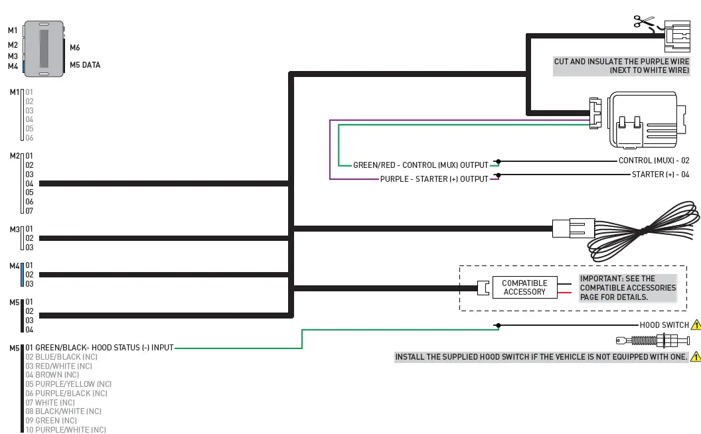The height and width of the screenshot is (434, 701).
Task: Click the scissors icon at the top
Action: [643, 22]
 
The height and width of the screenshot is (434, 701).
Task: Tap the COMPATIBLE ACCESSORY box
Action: [524, 287]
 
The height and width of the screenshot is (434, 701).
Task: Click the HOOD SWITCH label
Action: [664, 325]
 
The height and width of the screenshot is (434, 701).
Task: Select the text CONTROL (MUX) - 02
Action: [654, 161]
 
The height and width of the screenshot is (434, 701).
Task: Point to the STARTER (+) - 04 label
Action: [661, 175]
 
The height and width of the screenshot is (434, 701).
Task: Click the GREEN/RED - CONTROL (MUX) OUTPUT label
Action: [420, 165]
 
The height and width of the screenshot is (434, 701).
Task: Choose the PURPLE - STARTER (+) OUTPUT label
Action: [434, 179]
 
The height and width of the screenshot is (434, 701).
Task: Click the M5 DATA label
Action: [85, 65]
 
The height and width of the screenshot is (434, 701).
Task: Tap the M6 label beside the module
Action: [75, 48]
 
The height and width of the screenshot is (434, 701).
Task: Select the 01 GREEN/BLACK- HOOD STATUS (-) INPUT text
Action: [100, 347]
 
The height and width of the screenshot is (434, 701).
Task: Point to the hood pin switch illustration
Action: [647, 341]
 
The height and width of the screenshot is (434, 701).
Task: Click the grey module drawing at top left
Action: [43, 48]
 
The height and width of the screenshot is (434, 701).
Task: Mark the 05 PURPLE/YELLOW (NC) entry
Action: [68, 384]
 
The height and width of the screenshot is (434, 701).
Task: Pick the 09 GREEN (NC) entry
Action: [51, 420]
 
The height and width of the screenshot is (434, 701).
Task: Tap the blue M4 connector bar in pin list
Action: [23, 274]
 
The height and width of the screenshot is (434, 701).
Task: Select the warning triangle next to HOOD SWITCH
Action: [696, 325]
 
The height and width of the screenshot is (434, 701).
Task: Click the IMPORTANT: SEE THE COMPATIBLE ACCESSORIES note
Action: [627, 288]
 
